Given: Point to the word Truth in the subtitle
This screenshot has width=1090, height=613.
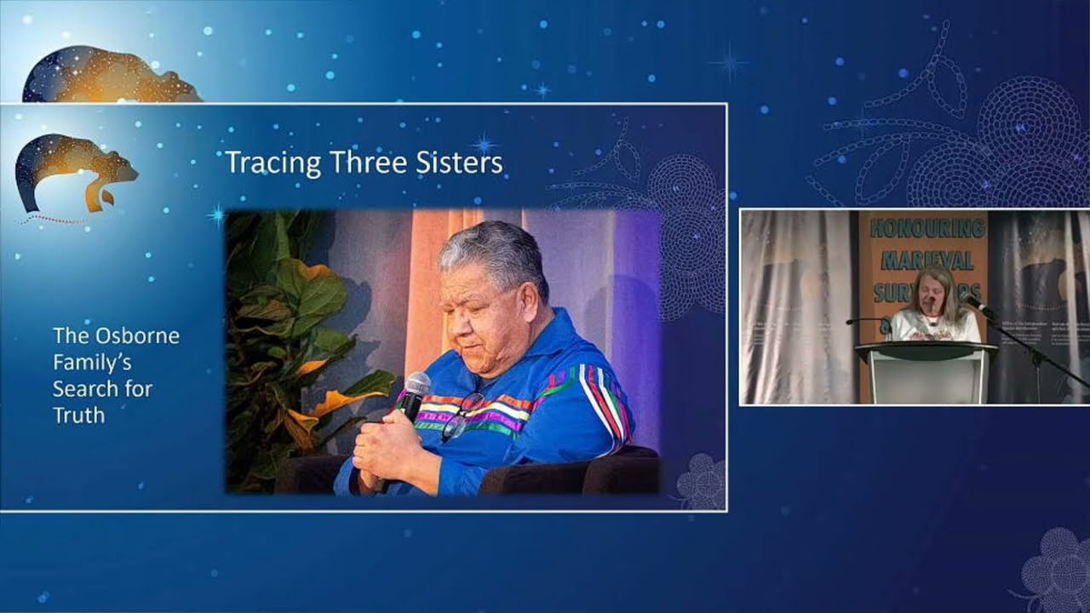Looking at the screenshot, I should point(78,415).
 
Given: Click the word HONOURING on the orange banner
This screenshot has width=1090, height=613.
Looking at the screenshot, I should point(926,227).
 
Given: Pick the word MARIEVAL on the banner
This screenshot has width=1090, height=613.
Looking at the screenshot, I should point(924,260).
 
